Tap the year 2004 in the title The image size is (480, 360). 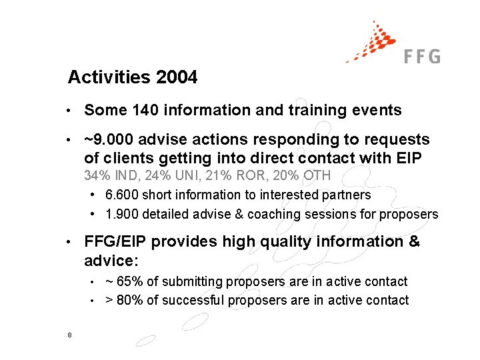177,78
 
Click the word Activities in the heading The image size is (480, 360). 110,78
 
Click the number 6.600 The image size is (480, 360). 121,195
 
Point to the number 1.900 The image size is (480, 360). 121,214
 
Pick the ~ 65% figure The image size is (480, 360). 124,282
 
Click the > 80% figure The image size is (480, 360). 124,301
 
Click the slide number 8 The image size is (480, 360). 70,335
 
